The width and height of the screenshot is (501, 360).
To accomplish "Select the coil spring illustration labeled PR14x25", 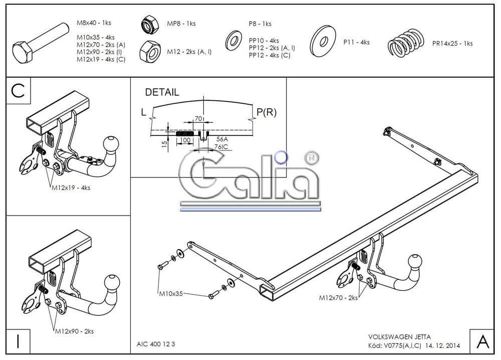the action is [x=406, y=42].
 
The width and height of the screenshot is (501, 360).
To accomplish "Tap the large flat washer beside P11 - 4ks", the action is [x=323, y=41].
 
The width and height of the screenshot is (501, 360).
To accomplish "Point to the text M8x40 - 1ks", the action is [x=94, y=23].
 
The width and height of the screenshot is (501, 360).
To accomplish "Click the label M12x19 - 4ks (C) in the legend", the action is [x=101, y=59].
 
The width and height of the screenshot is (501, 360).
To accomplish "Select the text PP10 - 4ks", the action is [x=264, y=41].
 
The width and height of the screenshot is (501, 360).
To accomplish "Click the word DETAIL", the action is [x=162, y=92].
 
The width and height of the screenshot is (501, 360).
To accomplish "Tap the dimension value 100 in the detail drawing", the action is [x=185, y=140].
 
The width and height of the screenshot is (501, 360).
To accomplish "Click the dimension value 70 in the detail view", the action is [x=198, y=119].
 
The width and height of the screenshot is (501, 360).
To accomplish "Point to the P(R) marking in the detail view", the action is [x=267, y=112].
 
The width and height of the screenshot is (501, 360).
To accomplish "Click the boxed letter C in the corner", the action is [x=18, y=90].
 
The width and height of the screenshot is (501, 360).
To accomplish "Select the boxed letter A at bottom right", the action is [x=482, y=341].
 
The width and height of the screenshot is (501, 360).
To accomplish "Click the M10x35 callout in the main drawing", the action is [x=171, y=293].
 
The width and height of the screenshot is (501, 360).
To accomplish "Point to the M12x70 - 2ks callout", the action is [x=338, y=298].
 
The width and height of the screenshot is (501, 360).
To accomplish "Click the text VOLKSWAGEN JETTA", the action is [x=399, y=336].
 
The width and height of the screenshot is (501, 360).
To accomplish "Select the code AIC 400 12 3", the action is [x=156, y=344].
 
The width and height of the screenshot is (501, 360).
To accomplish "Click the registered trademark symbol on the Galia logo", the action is [x=312, y=157].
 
